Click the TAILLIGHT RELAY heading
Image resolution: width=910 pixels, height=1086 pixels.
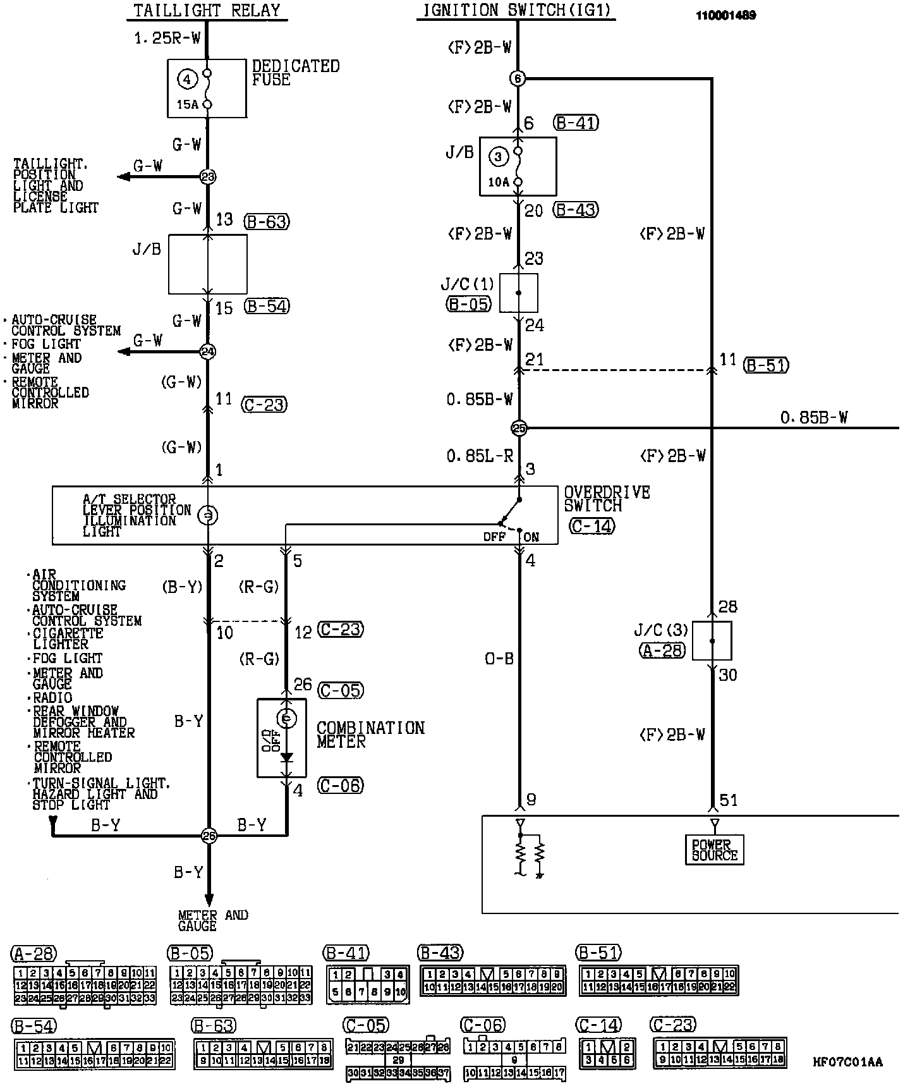point(207,10)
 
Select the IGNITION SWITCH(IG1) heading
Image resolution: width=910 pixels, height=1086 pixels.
point(516,10)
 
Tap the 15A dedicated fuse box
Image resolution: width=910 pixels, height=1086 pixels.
point(207,88)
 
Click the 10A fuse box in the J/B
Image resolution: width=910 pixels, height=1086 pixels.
point(518,166)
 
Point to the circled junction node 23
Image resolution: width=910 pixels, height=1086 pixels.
point(208,176)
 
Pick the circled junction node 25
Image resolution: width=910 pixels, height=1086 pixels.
point(519,429)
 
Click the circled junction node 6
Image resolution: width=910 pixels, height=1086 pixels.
point(518,78)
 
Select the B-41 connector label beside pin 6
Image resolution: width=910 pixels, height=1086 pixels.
point(575,123)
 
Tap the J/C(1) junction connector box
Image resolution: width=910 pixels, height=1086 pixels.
point(519,293)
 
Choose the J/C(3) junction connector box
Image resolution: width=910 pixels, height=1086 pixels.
point(712,641)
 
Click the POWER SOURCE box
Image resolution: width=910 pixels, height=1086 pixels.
point(715,850)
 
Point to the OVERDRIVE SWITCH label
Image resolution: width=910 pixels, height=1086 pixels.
point(607,499)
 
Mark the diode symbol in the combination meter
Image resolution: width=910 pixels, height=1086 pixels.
point(287,757)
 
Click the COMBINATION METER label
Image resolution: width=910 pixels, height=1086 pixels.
point(370,735)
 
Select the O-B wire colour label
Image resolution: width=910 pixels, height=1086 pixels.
point(499,659)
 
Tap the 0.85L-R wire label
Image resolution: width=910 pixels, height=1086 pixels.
point(480,456)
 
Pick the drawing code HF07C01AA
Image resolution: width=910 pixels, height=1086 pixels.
point(848,1062)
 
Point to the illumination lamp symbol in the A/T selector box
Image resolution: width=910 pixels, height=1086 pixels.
point(208,516)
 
